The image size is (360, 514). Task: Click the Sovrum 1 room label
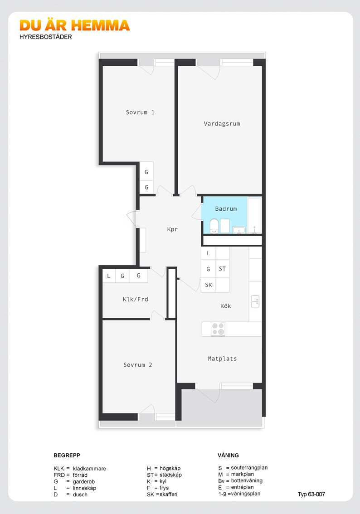click(x=140, y=112)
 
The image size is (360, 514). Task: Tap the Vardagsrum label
click(x=222, y=124)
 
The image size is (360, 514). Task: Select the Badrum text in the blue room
click(x=226, y=209)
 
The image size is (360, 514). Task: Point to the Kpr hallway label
click(x=172, y=229)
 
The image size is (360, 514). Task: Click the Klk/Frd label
click(x=136, y=299)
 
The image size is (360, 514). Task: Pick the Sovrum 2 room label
click(x=138, y=365)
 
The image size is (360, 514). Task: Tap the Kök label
click(x=226, y=306)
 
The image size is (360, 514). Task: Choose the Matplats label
click(x=222, y=359)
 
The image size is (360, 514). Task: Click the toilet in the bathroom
click(x=214, y=226)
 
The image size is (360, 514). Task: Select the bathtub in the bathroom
click(x=254, y=215)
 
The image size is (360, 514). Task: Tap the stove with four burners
click(x=218, y=329)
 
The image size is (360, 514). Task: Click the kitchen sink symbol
click(x=255, y=301)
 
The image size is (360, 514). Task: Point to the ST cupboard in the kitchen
click(x=222, y=269)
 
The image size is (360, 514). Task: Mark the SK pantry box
click(x=209, y=285)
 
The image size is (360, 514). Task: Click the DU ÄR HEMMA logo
click(x=75, y=25)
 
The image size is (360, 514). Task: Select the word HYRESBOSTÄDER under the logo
click(x=46, y=37)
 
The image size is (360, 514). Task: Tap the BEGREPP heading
click(x=67, y=456)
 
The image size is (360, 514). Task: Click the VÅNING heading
click(x=228, y=456)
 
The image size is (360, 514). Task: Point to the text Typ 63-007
click(x=311, y=494)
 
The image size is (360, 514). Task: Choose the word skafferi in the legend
click(x=169, y=495)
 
